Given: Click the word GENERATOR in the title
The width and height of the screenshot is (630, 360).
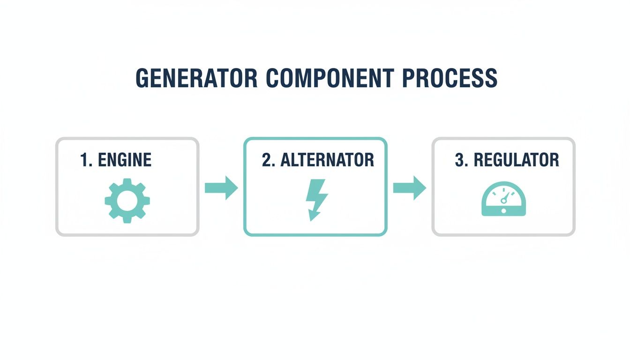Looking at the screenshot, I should [196, 78].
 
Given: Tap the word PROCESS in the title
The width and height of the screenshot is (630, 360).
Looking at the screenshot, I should [443, 78].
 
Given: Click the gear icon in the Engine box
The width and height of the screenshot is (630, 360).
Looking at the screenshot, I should [127, 200].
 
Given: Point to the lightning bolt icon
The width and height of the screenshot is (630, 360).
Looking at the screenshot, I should [316, 199].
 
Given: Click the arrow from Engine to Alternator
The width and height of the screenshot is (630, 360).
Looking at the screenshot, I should [221, 188].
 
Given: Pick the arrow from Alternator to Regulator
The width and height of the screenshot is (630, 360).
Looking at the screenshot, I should [409, 188].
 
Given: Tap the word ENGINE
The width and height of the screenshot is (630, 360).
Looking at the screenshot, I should [124, 160].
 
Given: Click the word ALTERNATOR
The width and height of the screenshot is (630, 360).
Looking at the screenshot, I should [327, 160].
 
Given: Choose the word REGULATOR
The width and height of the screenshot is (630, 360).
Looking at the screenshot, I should [516, 160].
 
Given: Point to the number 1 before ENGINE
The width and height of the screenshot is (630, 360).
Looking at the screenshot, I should [84, 160].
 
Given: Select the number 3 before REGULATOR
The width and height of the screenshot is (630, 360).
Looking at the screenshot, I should [459, 160].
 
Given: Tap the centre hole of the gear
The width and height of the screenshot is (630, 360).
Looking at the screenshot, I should [127, 200].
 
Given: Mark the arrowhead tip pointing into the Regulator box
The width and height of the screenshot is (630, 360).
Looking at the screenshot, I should [426, 188].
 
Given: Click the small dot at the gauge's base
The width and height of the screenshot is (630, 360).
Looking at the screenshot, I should [503, 211].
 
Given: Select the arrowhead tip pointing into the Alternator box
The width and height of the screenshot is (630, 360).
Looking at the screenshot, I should [238, 188].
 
